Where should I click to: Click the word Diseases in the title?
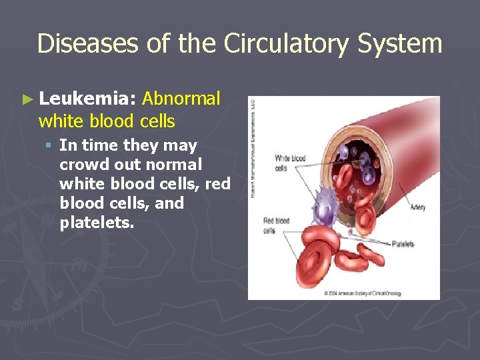(x=88, y=44)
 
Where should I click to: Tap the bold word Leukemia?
(x=88, y=99)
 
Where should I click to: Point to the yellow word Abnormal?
(x=181, y=99)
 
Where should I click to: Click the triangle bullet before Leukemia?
(x=27, y=100)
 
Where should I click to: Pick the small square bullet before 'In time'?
(x=50, y=145)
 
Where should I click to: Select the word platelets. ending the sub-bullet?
(x=96, y=223)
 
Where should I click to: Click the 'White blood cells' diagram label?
(x=290, y=163)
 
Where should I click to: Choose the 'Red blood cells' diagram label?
(x=275, y=225)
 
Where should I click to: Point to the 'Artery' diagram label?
(x=417, y=207)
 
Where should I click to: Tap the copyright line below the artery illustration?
(x=363, y=293)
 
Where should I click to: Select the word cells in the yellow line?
(x=158, y=121)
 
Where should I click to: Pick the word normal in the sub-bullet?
(x=172, y=165)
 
